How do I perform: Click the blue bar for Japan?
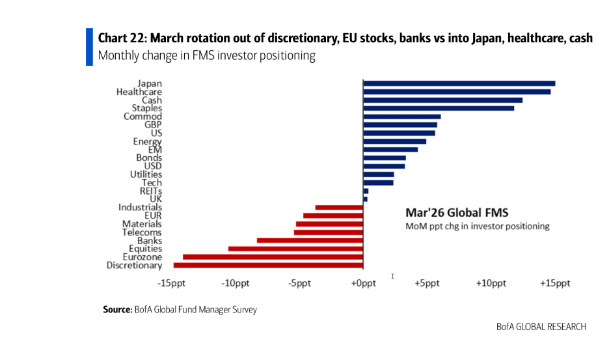459,83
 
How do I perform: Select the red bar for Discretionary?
268,265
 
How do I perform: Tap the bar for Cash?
442,100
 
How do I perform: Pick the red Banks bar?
310,240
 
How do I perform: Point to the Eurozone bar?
273,257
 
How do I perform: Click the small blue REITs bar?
366,191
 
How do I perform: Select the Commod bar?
401,117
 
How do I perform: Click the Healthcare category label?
139,92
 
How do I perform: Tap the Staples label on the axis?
146,108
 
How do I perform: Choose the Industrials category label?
140,208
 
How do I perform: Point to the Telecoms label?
142,232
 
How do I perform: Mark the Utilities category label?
146,174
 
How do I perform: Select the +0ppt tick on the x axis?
363,283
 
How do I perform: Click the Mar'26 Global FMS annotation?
457,213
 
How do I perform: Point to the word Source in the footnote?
118,310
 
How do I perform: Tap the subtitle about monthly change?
206,56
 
